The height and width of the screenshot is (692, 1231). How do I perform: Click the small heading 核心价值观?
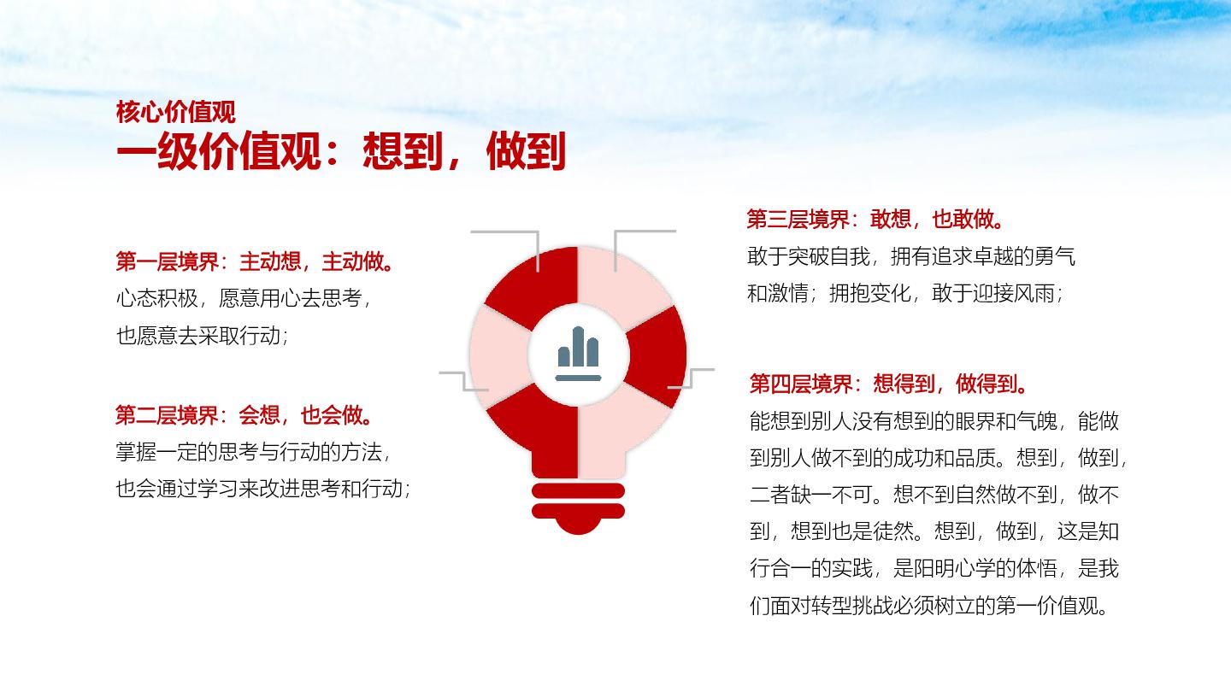175,113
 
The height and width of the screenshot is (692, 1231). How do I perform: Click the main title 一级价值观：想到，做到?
341,151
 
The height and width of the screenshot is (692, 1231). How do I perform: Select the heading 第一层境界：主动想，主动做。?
256,261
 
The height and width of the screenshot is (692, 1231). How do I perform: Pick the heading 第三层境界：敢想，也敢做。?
876,219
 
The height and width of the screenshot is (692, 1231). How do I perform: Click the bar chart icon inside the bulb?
578,354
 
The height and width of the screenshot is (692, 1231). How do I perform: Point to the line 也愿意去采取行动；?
203,336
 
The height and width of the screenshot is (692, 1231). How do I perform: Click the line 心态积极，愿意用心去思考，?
244,298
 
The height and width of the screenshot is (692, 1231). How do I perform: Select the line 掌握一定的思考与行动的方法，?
253,452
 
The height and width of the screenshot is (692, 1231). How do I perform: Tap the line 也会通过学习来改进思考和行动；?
263,489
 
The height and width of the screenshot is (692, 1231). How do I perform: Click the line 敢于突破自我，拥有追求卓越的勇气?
910,256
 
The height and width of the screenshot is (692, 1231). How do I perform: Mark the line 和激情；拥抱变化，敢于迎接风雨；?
905,293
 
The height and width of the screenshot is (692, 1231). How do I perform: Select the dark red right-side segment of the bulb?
657,356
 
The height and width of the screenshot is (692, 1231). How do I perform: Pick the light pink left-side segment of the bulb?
498,356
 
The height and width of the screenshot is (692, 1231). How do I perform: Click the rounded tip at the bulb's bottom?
578,526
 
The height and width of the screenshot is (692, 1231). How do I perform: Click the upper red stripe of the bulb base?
578,491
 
